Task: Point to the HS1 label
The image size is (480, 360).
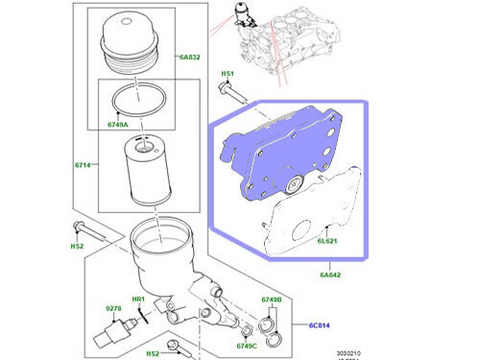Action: pyautogui.click(x=228, y=74)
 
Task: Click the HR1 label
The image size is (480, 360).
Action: pyautogui.click(x=137, y=298)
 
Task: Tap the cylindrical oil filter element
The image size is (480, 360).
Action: pyautogui.click(x=146, y=173)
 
